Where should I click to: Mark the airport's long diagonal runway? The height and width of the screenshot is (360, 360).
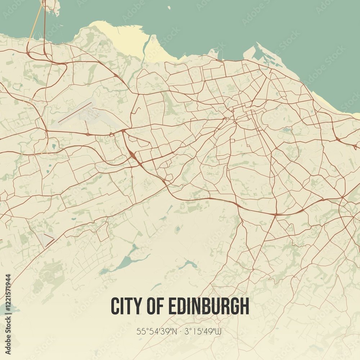[75, 113]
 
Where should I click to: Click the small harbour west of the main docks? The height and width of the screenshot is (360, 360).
[213, 53]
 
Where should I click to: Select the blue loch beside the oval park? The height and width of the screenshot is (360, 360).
[287, 130]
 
